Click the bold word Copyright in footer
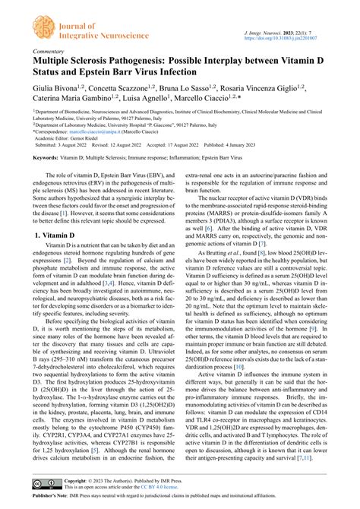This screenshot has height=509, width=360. point(77,480)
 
